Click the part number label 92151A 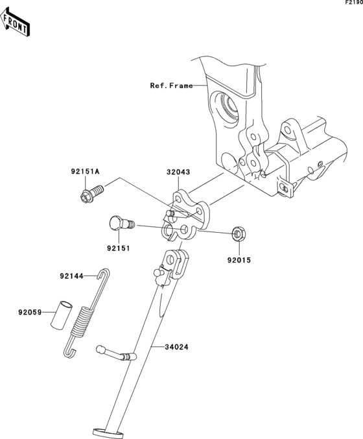85,172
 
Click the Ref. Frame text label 172,85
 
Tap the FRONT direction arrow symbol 17,22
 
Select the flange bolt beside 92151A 93,193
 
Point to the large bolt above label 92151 120,224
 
